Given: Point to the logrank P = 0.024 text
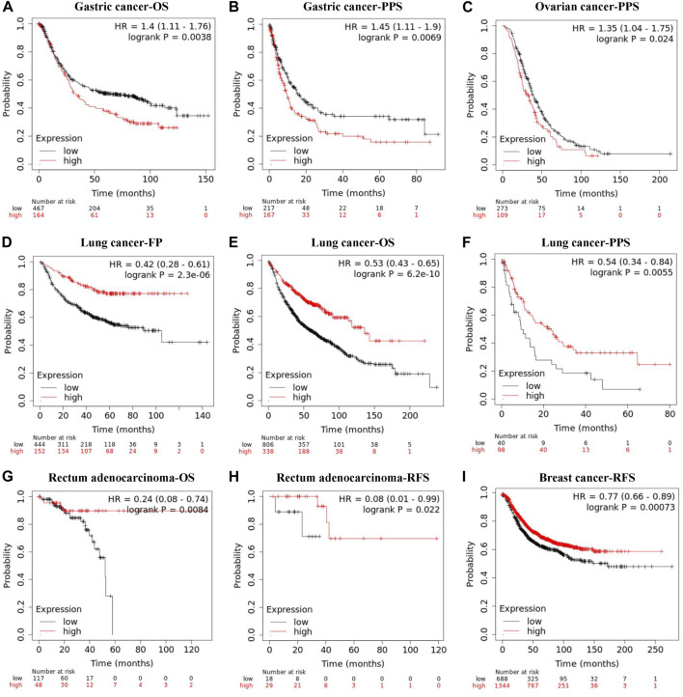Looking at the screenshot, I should point(628,42).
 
